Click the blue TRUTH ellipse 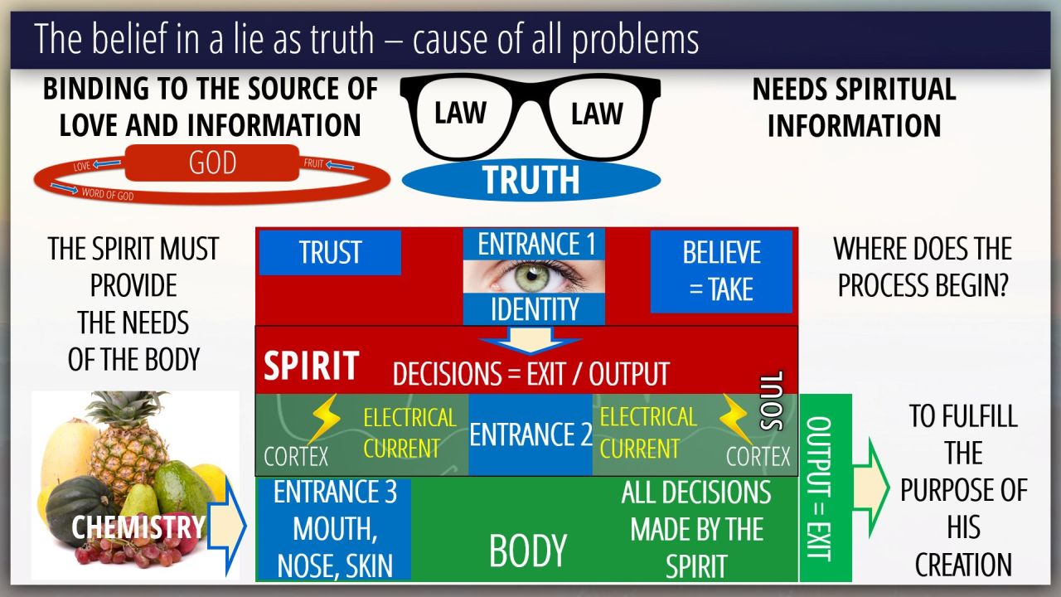point(530,180)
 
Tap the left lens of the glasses point(461,114)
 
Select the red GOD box point(213,163)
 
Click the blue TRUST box point(330,253)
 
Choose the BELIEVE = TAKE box point(720,271)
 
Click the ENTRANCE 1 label point(536,244)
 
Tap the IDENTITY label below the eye point(535,310)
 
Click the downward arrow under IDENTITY point(530,340)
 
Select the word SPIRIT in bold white point(311,366)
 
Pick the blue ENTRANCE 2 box point(530,434)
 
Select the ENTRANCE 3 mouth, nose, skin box point(335,528)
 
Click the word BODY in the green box point(528,551)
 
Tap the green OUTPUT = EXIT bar point(825,488)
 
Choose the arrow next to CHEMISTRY point(225,525)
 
